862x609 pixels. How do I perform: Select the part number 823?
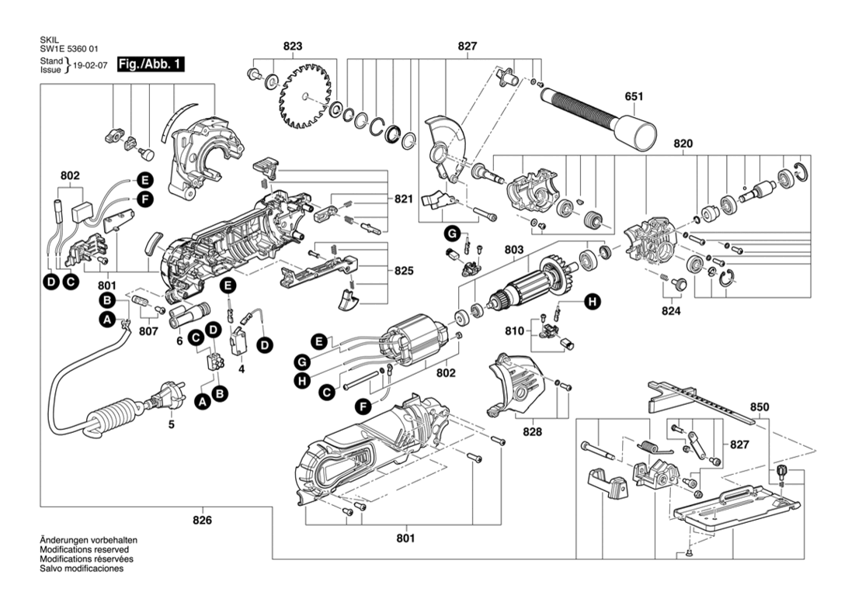293,46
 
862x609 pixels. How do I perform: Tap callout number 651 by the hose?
634,96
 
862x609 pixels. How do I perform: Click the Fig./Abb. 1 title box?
151,64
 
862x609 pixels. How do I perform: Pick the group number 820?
683,144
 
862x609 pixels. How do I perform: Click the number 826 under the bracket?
203,520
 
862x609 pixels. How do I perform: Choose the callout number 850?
759,407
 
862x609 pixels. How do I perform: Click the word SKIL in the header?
49,40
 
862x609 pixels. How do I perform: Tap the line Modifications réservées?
86,559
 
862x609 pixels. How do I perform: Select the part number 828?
532,431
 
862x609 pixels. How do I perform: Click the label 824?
671,311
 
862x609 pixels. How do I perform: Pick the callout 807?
148,331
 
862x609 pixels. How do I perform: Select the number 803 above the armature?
514,250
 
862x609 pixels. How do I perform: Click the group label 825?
404,271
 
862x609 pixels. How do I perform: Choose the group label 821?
403,199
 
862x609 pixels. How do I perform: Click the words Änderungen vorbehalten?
89,541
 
